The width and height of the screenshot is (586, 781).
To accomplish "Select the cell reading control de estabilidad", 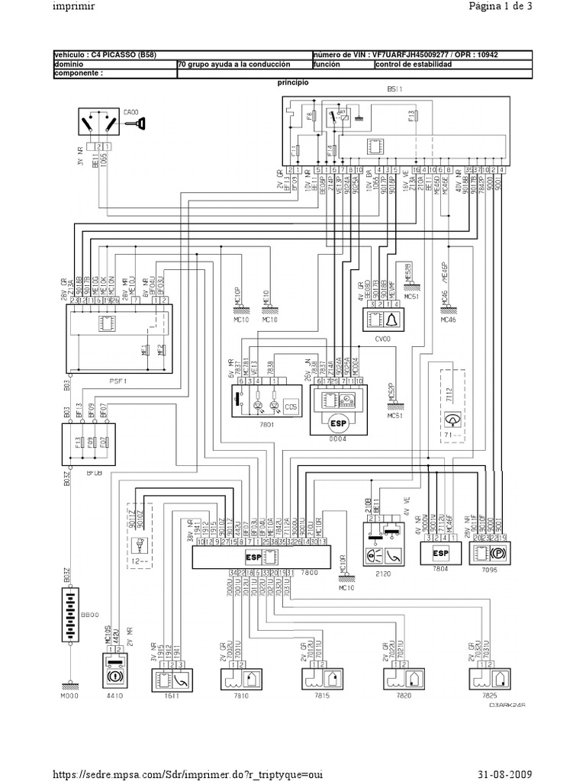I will pyautogui.click(x=414, y=65).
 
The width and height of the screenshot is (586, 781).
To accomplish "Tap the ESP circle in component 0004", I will pyautogui.click(x=338, y=421).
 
